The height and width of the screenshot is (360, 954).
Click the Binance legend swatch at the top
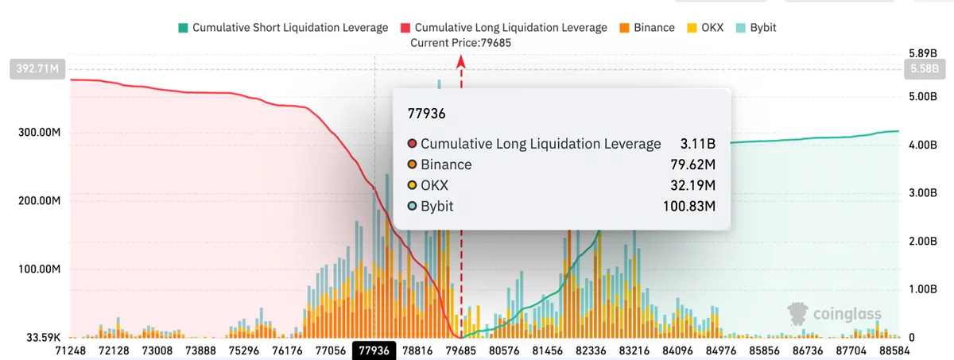(624, 28)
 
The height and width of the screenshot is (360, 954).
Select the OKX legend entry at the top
(705, 28)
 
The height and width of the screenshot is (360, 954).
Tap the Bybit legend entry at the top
(756, 28)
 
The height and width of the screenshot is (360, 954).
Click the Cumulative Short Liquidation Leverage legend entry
(283, 28)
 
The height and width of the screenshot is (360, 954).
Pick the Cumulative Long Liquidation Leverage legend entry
(504, 28)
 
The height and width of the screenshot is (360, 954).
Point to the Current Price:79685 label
(460, 43)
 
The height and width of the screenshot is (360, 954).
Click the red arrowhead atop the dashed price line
(461, 62)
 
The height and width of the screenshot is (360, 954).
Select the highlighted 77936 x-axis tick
(374, 350)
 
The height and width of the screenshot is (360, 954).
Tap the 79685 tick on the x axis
(461, 350)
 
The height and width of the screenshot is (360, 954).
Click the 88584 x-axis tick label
(894, 350)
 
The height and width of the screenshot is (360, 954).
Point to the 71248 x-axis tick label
(70, 350)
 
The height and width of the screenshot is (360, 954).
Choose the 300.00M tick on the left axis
(39, 133)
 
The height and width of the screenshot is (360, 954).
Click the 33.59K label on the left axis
(44, 338)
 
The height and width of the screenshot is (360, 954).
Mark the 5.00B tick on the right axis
(923, 97)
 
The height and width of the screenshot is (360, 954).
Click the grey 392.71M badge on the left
(37, 68)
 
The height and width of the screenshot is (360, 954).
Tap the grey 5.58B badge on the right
(925, 68)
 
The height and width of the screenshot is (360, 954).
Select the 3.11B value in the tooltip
(698, 144)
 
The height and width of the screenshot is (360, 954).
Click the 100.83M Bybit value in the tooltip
(689, 207)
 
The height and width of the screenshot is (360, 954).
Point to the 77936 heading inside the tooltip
(426, 114)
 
